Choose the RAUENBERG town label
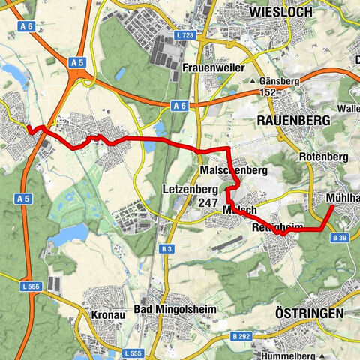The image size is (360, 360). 293,120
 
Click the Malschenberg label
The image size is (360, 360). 234,171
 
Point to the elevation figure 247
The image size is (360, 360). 208,203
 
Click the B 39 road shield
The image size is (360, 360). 341,238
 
